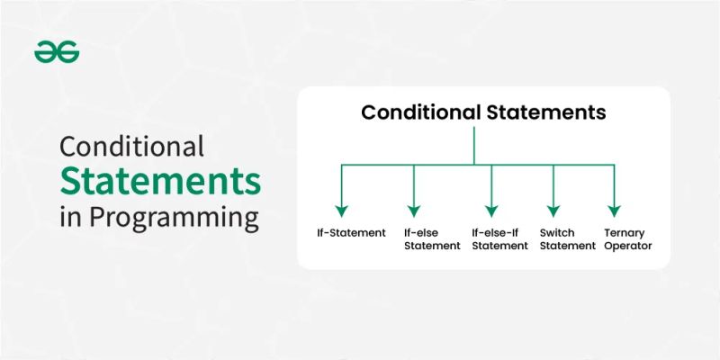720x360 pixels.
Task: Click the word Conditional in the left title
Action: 132,147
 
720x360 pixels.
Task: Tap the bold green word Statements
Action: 161,182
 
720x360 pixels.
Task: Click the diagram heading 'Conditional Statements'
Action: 483,113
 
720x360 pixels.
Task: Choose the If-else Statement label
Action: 432,239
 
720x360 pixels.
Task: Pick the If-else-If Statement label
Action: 499,239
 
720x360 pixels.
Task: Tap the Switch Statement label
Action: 567,239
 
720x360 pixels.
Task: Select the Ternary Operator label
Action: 628,239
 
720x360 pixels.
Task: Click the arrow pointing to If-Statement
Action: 341,189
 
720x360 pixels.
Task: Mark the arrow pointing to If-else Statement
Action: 413,189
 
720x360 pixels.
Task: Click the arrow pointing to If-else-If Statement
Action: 490,189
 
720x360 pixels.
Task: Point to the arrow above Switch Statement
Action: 553,189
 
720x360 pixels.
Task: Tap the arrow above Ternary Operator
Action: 614,189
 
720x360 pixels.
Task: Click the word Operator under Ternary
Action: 628,246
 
